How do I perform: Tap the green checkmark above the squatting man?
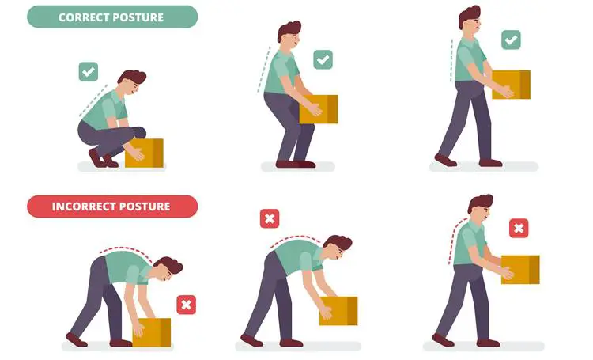click(89, 72)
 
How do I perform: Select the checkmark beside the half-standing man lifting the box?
click(323, 59)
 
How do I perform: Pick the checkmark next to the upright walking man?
click(512, 40)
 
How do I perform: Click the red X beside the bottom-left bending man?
click(187, 305)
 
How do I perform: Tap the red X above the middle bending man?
click(270, 218)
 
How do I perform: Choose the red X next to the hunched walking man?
click(519, 229)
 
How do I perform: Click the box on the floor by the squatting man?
click(145, 152)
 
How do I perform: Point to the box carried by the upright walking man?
click(512, 84)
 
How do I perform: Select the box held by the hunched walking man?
click(520, 269)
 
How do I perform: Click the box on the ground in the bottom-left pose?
click(152, 332)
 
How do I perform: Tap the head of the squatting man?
click(131, 82)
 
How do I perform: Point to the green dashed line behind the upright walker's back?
click(451, 59)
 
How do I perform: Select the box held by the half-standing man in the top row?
click(319, 108)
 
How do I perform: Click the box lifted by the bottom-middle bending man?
click(338, 310)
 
